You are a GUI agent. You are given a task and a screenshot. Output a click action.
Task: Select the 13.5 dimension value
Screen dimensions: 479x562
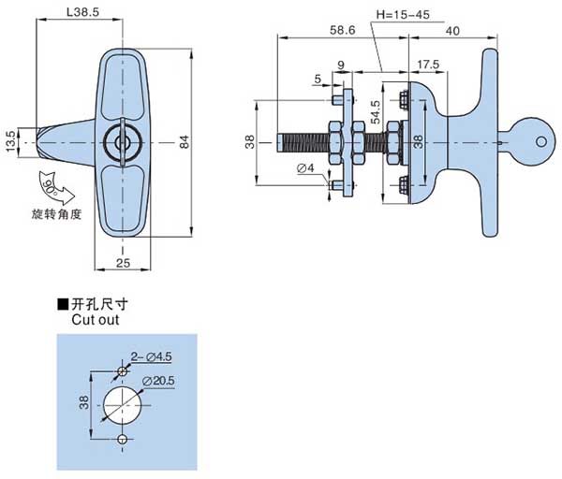point(10,140)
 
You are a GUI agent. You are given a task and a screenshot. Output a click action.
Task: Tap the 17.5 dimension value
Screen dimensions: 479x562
point(427,65)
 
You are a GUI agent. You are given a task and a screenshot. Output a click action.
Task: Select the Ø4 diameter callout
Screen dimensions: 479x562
point(304,169)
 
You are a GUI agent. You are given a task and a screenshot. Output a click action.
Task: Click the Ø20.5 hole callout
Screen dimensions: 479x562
point(159,380)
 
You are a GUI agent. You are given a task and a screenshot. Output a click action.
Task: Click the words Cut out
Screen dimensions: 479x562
point(94,319)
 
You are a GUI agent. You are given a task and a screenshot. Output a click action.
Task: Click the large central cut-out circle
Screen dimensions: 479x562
point(124,403)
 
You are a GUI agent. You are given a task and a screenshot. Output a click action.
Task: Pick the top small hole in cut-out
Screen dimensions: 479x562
point(124,371)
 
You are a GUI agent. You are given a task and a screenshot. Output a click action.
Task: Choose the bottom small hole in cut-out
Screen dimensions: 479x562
point(124,439)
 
